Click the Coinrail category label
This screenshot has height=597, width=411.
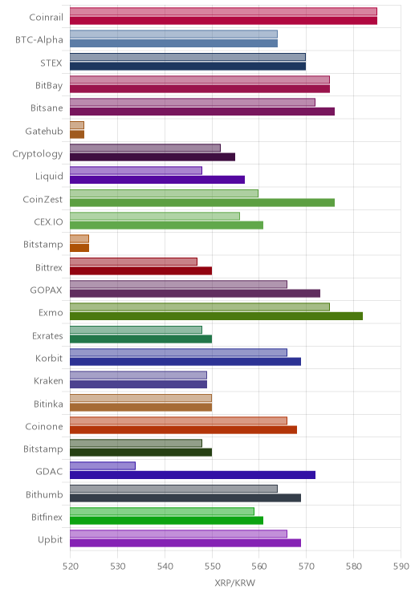[x=46, y=17]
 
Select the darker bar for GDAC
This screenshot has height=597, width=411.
[x=193, y=475]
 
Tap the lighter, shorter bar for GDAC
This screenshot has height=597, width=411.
[x=103, y=465]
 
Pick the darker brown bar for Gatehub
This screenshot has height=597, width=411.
[x=77, y=134]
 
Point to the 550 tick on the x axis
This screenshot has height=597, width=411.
[x=212, y=567]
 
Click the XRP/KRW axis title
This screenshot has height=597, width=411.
[x=234, y=583]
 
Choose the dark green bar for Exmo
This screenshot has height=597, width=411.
[x=217, y=316]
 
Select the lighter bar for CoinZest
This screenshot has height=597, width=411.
[x=165, y=193]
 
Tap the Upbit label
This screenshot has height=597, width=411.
[x=51, y=539]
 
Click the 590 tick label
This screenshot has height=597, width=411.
[x=401, y=567]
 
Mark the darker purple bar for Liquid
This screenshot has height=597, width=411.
[x=157, y=180]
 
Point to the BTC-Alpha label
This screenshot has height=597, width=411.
[x=39, y=40]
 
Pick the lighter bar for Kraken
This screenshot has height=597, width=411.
[x=138, y=375]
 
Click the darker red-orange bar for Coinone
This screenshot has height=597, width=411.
[x=183, y=430]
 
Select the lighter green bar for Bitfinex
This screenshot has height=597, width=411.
[x=162, y=511]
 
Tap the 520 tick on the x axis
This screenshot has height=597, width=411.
[x=70, y=567]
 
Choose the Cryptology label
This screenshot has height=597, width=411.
[x=38, y=154]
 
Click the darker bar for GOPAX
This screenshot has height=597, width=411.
[x=195, y=293]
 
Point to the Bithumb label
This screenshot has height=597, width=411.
[x=44, y=494]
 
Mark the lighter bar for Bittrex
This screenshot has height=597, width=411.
[x=134, y=262]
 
